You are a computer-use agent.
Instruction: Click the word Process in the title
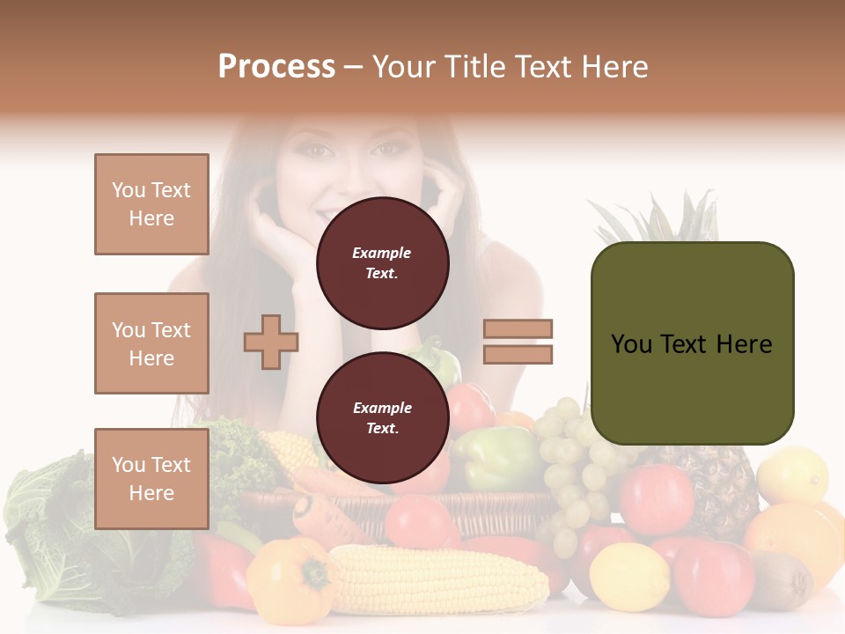[276, 67]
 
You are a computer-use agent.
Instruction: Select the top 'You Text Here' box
[151, 204]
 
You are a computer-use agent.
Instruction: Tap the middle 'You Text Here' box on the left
[151, 343]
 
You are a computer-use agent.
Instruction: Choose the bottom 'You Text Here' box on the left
[151, 479]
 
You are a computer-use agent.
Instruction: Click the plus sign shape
[271, 342]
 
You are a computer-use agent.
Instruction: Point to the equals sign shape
[518, 342]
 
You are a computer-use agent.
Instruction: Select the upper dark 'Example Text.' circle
[382, 263]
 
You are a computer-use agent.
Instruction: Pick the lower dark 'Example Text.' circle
[382, 418]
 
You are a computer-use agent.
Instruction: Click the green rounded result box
[692, 343]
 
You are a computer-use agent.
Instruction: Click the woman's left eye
[386, 149]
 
